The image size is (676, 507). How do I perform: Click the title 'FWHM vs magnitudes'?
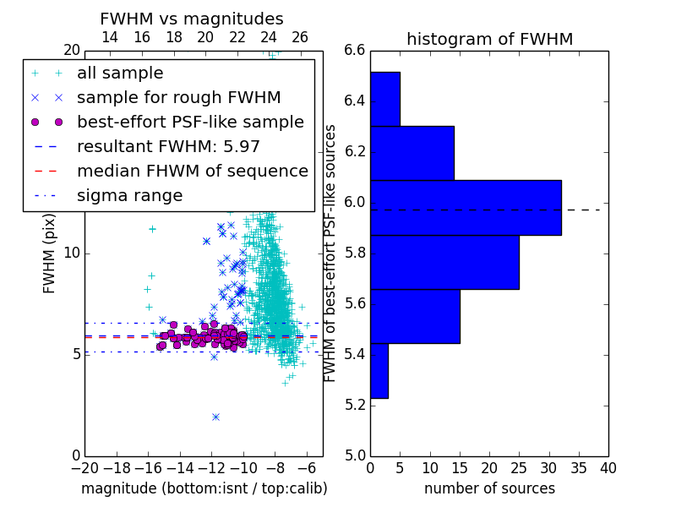point(192,19)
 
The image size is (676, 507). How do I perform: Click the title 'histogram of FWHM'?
point(490,39)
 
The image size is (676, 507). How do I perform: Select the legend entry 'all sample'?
point(120,74)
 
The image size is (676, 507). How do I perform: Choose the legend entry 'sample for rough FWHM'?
point(179,98)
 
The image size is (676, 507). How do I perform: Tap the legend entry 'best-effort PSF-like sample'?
point(191,122)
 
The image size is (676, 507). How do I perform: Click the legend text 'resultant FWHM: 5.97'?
point(168,146)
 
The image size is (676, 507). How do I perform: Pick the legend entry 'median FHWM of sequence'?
point(193,172)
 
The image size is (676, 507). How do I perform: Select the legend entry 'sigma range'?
point(130,196)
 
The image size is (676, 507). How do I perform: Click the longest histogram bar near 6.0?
point(466,208)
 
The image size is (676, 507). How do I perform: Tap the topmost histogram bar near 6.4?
point(385,99)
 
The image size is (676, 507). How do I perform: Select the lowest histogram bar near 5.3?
point(379,371)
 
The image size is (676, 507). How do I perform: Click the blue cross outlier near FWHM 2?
point(216,417)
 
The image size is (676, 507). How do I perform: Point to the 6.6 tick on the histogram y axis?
point(355,51)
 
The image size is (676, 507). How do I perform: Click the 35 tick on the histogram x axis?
point(579,468)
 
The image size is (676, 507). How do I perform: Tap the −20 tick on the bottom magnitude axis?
point(85,468)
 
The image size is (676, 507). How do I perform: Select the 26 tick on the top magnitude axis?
point(300,37)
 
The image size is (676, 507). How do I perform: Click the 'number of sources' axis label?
point(490,488)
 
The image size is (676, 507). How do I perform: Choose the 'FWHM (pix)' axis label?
point(49,253)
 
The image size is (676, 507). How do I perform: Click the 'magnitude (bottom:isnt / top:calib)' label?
point(204,488)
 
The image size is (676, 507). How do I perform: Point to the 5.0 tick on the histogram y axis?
point(355,456)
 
